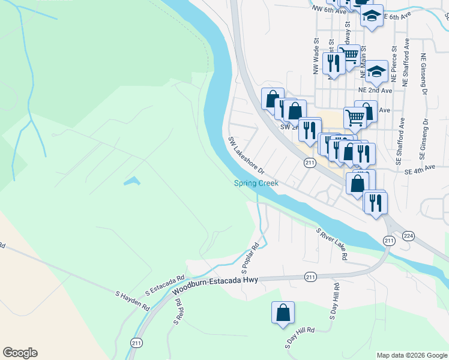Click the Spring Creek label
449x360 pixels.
coord(256,184)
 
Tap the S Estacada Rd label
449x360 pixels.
coord(164,286)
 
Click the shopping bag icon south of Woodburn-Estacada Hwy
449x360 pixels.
coord(283,313)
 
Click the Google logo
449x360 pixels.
coord(20,353)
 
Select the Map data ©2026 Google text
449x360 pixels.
coord(411,355)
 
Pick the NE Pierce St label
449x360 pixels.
coord(394,64)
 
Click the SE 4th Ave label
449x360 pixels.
coord(419,170)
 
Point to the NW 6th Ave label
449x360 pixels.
coord(330,10)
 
